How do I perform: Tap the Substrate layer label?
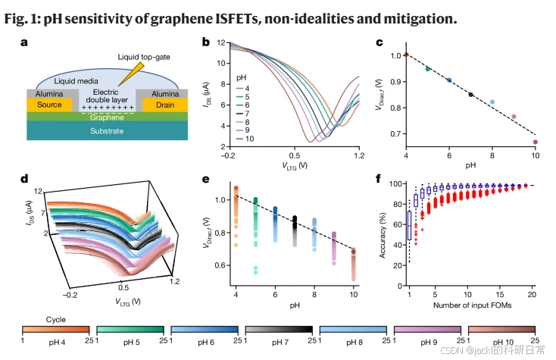(x=102, y=131)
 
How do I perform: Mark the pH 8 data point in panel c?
(x=492, y=102)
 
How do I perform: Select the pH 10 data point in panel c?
(x=535, y=142)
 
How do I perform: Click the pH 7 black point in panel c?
(x=470, y=95)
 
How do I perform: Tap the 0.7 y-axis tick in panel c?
(x=395, y=134)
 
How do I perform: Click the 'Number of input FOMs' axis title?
(x=470, y=306)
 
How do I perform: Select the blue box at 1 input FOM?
(x=410, y=226)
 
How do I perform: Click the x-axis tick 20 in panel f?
(x=533, y=293)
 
